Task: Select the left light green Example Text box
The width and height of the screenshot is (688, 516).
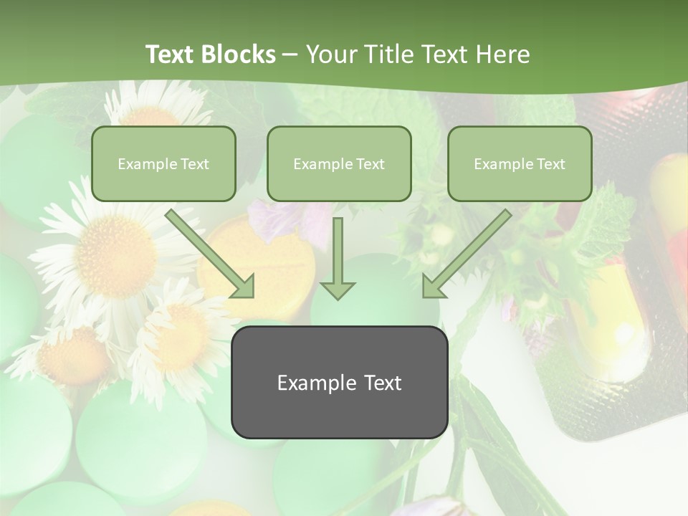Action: tap(163, 164)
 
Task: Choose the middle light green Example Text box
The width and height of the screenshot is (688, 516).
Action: tap(339, 164)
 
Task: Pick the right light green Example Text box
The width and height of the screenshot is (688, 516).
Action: tap(520, 164)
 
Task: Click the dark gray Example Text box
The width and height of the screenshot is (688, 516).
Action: tap(339, 383)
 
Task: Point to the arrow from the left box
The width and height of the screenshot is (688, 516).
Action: tap(210, 253)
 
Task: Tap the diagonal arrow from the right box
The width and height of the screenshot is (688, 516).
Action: tap(467, 253)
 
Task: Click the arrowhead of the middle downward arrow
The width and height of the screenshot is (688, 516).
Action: tap(338, 290)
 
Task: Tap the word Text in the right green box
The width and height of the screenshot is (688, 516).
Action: tap(550, 164)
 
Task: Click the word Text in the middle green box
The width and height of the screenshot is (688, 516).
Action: tap(371, 164)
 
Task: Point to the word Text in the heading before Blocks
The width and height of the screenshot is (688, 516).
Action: tap(171, 54)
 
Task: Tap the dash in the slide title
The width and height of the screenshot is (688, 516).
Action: tap(290, 54)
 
